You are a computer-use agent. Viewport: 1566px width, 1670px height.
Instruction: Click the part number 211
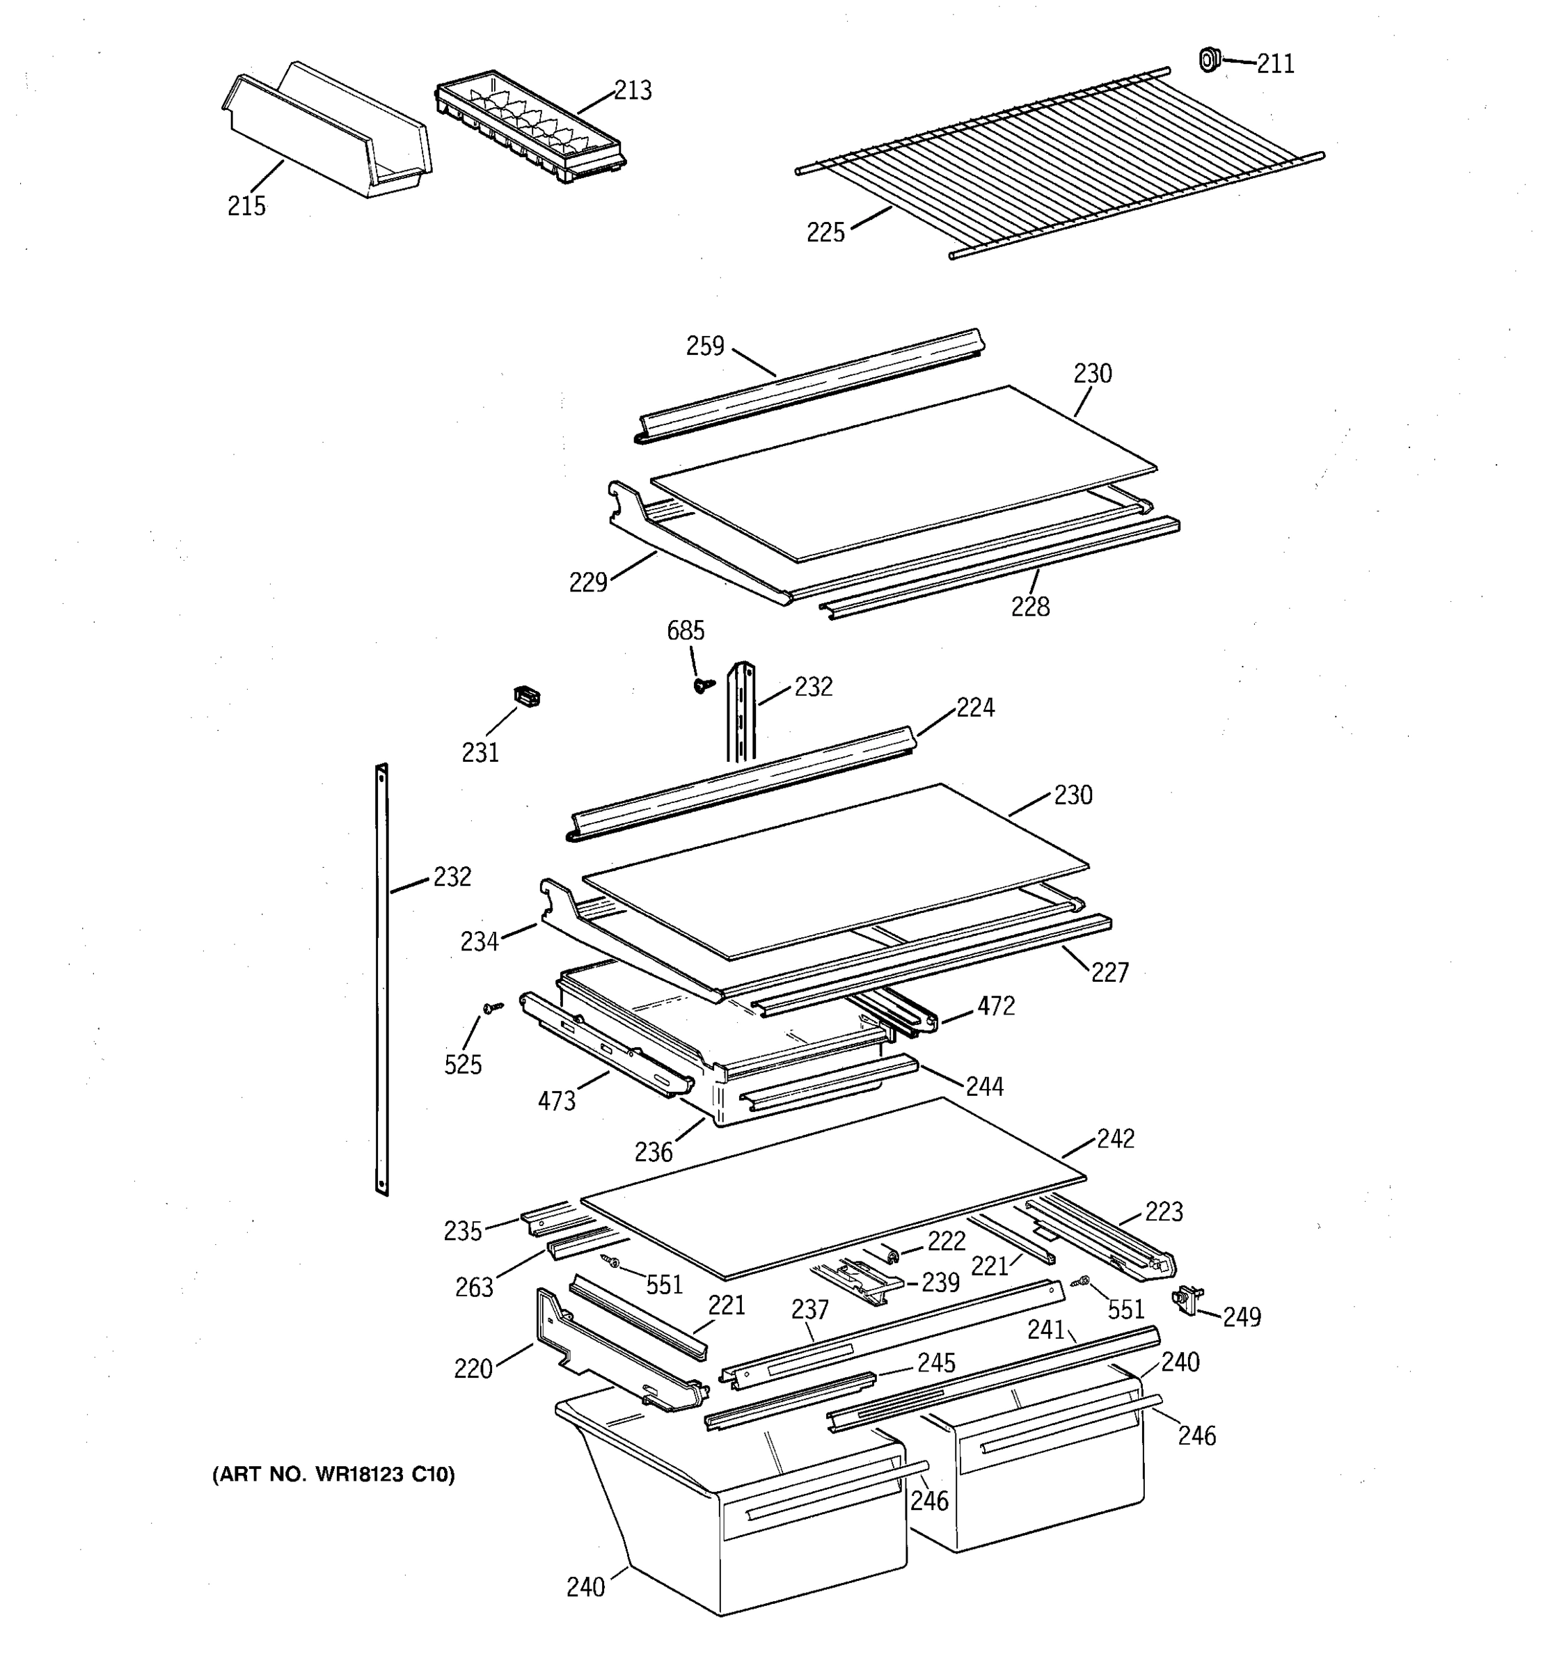click(x=1274, y=64)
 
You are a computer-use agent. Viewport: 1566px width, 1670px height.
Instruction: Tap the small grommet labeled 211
click(x=1208, y=60)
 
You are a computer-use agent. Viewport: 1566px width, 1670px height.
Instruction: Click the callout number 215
click(x=246, y=206)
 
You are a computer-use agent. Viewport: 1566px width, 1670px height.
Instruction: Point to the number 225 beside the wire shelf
click(x=825, y=232)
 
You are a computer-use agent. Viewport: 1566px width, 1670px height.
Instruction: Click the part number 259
click(x=705, y=346)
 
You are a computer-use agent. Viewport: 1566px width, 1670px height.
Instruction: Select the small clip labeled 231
click(x=526, y=697)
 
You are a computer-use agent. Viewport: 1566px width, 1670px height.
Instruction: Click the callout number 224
click(x=974, y=708)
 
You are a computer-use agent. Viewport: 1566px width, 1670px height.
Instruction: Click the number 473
click(x=556, y=1100)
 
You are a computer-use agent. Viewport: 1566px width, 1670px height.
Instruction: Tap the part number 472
click(x=995, y=1005)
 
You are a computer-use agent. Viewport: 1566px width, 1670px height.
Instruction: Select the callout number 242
click(x=1115, y=1138)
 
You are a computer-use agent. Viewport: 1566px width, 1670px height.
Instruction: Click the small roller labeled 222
click(x=891, y=1255)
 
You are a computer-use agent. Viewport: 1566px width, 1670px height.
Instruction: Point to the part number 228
click(x=1030, y=607)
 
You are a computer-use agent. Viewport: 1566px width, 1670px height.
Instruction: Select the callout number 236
click(x=653, y=1152)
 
